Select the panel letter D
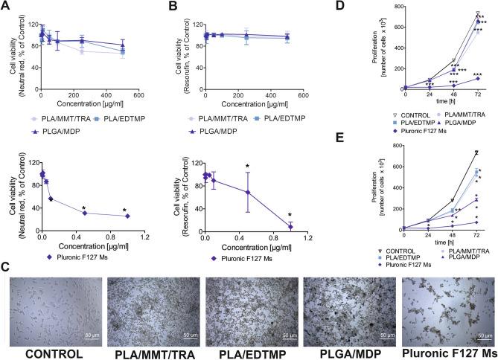click(x=365, y=7)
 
